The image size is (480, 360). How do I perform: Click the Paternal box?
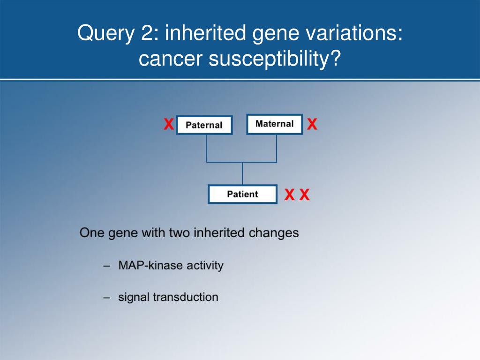(204, 125)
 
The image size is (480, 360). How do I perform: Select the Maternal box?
(275, 124)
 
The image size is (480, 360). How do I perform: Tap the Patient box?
(242, 194)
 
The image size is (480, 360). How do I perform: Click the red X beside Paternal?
(169, 124)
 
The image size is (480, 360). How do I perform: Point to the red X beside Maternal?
(312, 124)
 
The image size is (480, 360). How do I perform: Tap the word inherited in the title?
(205, 32)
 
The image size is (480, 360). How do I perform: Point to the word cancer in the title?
(171, 59)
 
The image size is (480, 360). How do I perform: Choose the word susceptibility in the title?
(275, 59)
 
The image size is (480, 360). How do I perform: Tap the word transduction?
(186, 297)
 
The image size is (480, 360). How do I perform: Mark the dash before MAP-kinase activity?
(106, 266)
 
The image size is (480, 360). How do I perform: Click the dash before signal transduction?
(106, 298)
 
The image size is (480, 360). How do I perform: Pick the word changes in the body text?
(274, 233)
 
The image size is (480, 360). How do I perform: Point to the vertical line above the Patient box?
(242, 173)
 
